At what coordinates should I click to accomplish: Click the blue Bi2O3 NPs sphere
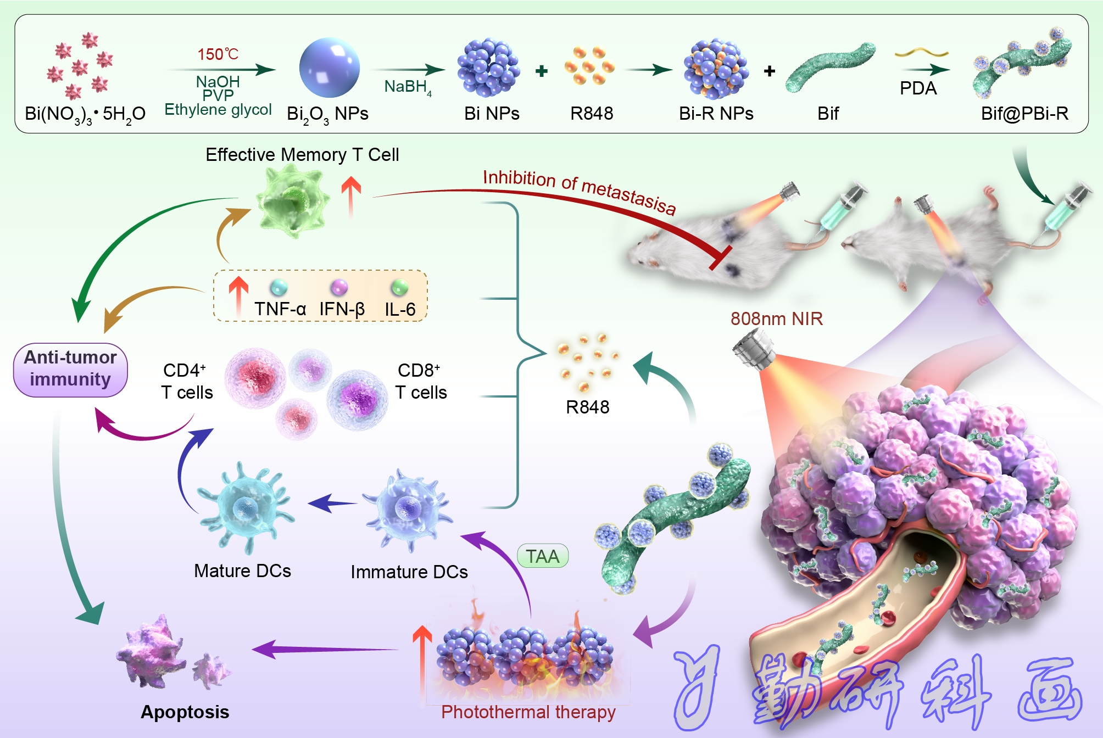tap(329, 68)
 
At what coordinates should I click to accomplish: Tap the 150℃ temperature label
tap(218, 54)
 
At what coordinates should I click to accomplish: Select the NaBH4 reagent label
tap(408, 87)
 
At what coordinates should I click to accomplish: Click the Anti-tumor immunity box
tap(70, 369)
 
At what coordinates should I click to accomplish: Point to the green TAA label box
tap(543, 556)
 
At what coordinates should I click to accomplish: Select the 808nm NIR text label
tap(776, 319)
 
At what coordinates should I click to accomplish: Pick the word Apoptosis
tap(185, 712)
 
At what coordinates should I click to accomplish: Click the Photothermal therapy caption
tap(528, 712)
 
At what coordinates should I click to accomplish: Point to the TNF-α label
tap(280, 309)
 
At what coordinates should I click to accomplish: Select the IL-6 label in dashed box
tap(400, 310)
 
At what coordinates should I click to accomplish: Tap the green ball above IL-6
tap(399, 287)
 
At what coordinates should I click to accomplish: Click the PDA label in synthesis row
tap(918, 88)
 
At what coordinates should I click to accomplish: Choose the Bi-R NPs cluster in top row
tap(716, 69)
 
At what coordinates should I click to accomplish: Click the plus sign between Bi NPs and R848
tap(542, 71)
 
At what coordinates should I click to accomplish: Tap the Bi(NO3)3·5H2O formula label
tap(85, 114)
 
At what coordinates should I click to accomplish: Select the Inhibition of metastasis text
tap(579, 191)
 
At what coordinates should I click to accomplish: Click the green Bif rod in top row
tap(829, 68)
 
